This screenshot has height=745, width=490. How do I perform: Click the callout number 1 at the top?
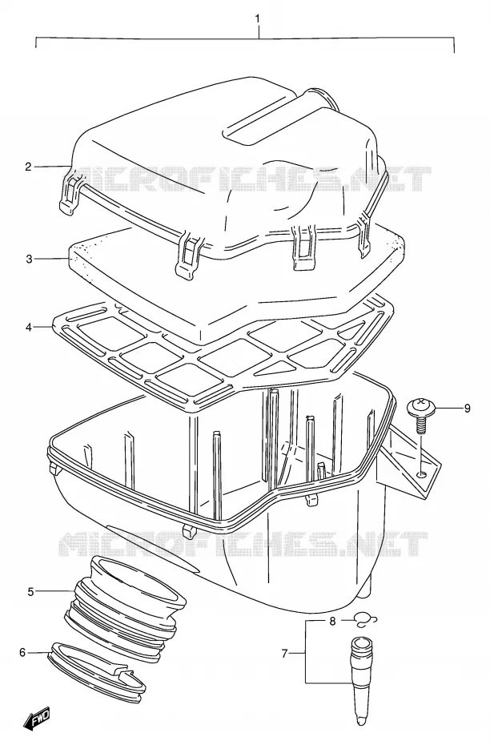click(258, 18)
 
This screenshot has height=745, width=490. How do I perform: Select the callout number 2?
click(29, 167)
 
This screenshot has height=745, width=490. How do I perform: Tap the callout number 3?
click(29, 259)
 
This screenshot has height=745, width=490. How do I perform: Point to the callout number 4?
click(29, 328)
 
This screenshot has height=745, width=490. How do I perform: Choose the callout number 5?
click(31, 591)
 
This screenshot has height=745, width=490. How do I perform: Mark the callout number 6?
click(22, 652)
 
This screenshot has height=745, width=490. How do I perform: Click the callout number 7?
click(284, 654)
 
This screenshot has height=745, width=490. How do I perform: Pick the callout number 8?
click(332, 621)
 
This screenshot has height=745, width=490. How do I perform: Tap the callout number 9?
click(468, 408)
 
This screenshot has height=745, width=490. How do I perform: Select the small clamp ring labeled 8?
click(365, 618)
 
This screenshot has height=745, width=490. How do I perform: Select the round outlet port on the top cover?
click(321, 98)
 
